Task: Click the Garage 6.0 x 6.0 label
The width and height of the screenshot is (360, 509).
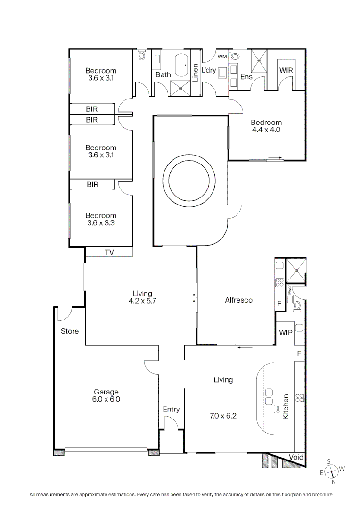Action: (106, 395)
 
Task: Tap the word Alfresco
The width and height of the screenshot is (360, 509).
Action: (238, 300)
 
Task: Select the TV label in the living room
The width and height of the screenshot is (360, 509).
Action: (109, 253)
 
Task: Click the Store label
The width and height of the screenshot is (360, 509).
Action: (70, 331)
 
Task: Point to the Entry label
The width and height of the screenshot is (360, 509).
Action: (171, 410)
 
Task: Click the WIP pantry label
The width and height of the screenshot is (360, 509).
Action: (286, 332)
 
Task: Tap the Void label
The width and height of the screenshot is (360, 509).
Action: (296, 458)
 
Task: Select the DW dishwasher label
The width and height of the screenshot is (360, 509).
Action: (278, 409)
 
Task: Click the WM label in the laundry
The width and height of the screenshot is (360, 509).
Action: (222, 57)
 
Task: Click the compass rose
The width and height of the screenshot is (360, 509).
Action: (332, 470)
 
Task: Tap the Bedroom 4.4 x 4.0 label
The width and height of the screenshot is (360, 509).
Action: (267, 126)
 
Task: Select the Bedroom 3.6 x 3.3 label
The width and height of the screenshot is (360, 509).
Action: (100, 219)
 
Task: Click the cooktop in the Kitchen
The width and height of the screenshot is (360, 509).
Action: (300, 397)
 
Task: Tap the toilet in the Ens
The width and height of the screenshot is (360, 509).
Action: (236, 56)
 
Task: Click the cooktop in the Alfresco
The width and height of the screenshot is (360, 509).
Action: (279, 283)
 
